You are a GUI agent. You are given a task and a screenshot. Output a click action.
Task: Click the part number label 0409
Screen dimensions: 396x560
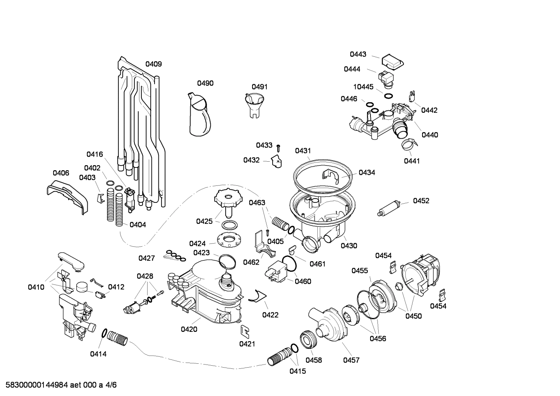153,64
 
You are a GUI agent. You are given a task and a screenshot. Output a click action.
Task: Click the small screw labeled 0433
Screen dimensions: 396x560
278,148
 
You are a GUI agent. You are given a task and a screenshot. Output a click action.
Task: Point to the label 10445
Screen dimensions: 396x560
363,87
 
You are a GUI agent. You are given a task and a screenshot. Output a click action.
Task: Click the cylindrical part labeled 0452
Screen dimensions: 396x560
390,209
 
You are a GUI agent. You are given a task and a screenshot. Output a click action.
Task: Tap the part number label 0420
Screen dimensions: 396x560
189,330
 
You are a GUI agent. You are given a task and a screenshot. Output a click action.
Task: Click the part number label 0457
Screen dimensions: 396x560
351,360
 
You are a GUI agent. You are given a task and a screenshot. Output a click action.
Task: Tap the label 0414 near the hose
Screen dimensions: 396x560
98,354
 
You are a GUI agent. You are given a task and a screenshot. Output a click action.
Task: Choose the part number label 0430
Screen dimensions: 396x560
349,246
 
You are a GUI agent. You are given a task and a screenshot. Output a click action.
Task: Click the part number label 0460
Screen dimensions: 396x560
303,281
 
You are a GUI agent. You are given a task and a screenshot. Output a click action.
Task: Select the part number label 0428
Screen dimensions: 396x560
145,276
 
